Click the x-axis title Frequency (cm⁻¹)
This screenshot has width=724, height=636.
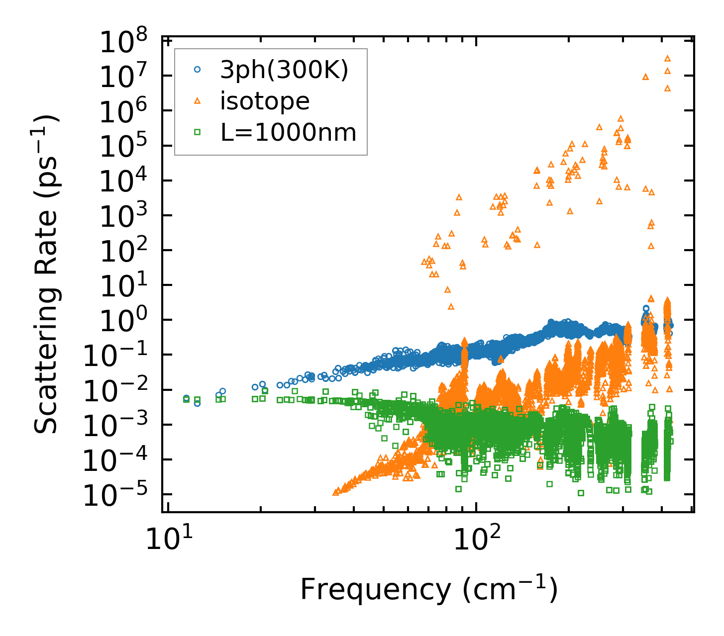pos(428,590)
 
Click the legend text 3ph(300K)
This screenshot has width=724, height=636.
pos(284,71)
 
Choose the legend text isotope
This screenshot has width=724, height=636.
pos(265,101)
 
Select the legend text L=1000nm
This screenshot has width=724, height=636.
pos(288,132)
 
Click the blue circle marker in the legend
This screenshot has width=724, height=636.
pos(198,71)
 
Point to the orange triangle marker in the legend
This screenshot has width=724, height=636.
pos(198,101)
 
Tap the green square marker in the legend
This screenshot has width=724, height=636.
pos(198,132)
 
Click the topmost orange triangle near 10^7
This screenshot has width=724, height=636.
pos(668,59)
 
